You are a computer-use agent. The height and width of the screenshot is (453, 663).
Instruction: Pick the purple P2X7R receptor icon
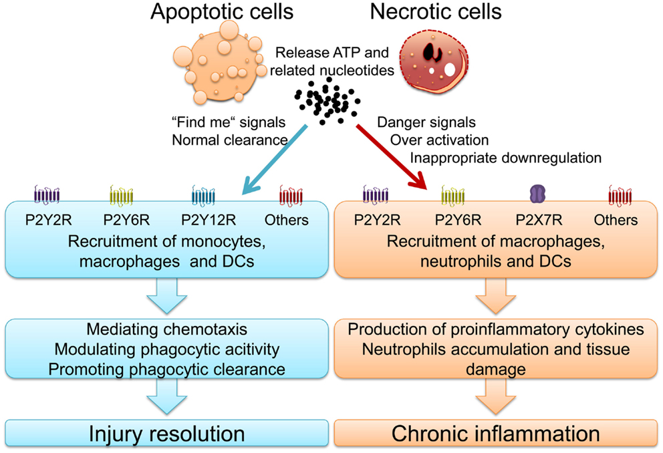pyautogui.click(x=538, y=194)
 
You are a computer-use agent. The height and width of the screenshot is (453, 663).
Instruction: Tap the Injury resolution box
pyautogui.click(x=167, y=434)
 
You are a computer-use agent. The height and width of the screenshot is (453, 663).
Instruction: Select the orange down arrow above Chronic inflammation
pyautogui.click(x=495, y=402)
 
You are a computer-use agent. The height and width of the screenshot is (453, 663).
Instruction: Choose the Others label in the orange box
pyautogui.click(x=616, y=220)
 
